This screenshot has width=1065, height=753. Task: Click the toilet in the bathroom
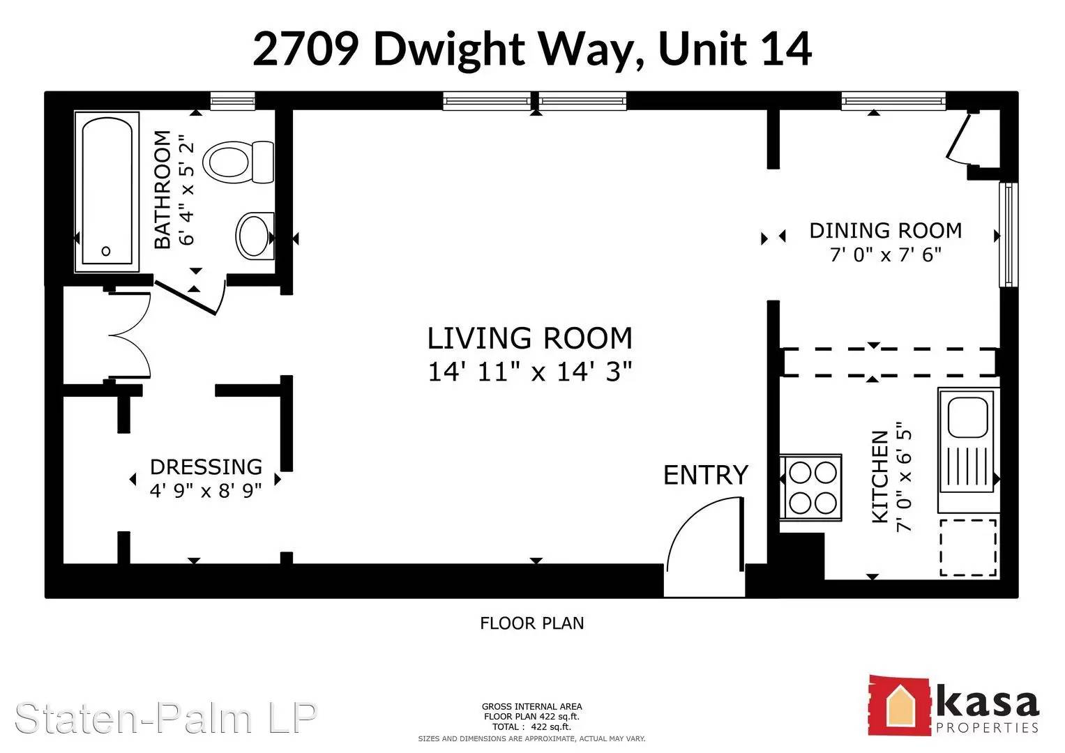point(239,162)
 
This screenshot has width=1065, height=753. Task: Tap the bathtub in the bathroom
point(107,192)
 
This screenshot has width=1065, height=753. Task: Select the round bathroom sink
point(255,236)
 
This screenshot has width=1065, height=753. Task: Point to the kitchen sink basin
point(968,417)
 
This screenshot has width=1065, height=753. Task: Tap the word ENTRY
point(706,475)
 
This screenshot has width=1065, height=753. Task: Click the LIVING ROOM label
point(530,338)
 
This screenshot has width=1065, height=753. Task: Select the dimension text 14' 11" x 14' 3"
point(530,371)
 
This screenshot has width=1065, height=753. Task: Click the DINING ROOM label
point(886,231)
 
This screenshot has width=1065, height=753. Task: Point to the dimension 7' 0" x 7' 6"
point(886,254)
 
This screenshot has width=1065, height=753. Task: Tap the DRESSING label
point(206,467)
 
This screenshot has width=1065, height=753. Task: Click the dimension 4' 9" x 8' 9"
point(206,490)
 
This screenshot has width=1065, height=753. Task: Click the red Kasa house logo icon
point(898,706)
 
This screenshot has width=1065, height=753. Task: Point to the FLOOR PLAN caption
point(532,623)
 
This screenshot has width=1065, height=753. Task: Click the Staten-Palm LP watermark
point(166,718)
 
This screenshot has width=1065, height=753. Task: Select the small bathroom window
point(232,101)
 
